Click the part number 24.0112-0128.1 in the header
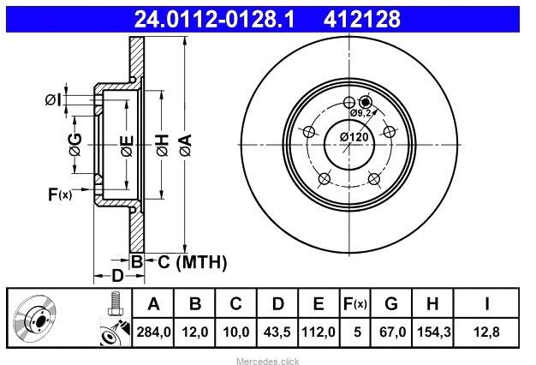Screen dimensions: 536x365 point(214,19)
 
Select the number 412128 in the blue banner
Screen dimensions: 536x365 point(361,19)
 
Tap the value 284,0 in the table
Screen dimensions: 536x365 point(153,332)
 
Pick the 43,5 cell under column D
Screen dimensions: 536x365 point(277,332)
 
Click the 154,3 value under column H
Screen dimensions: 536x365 point(433,332)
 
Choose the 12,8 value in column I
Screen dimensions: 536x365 point(486,332)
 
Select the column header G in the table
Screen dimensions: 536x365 point(391,303)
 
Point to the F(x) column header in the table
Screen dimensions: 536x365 point(354,303)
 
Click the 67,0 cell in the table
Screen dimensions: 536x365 point(392,332)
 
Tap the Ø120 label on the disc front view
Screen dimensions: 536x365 point(354,137)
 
